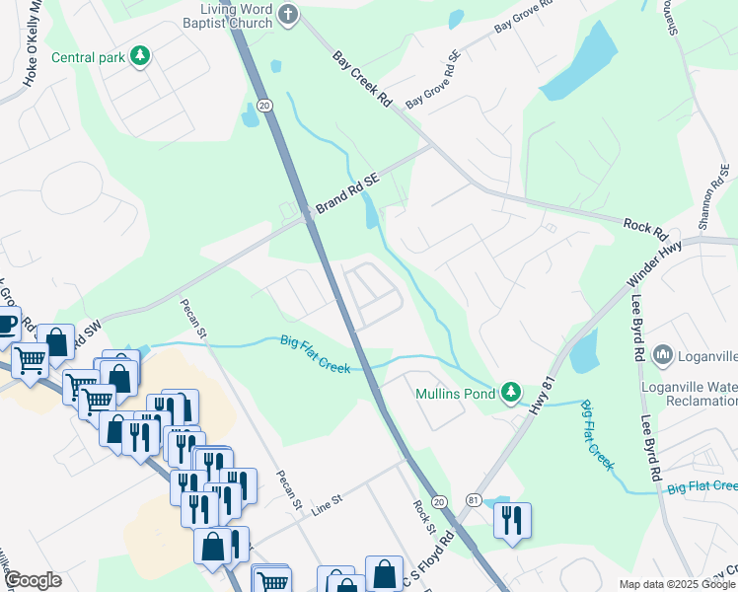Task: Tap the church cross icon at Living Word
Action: [288, 14]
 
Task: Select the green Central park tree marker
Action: [140, 56]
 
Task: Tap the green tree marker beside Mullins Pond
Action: [510, 393]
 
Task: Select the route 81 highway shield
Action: [474, 501]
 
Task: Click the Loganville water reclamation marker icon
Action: [662, 354]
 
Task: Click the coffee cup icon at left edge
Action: [6, 323]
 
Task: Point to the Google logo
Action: [33, 580]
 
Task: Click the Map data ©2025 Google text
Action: [677, 584]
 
